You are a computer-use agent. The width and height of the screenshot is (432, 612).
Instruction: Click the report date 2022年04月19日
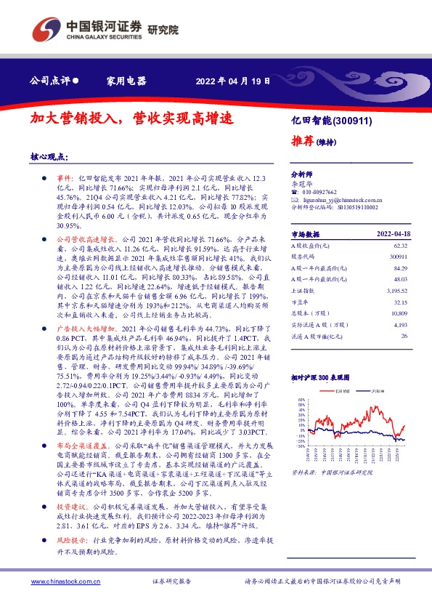tap(234, 80)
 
